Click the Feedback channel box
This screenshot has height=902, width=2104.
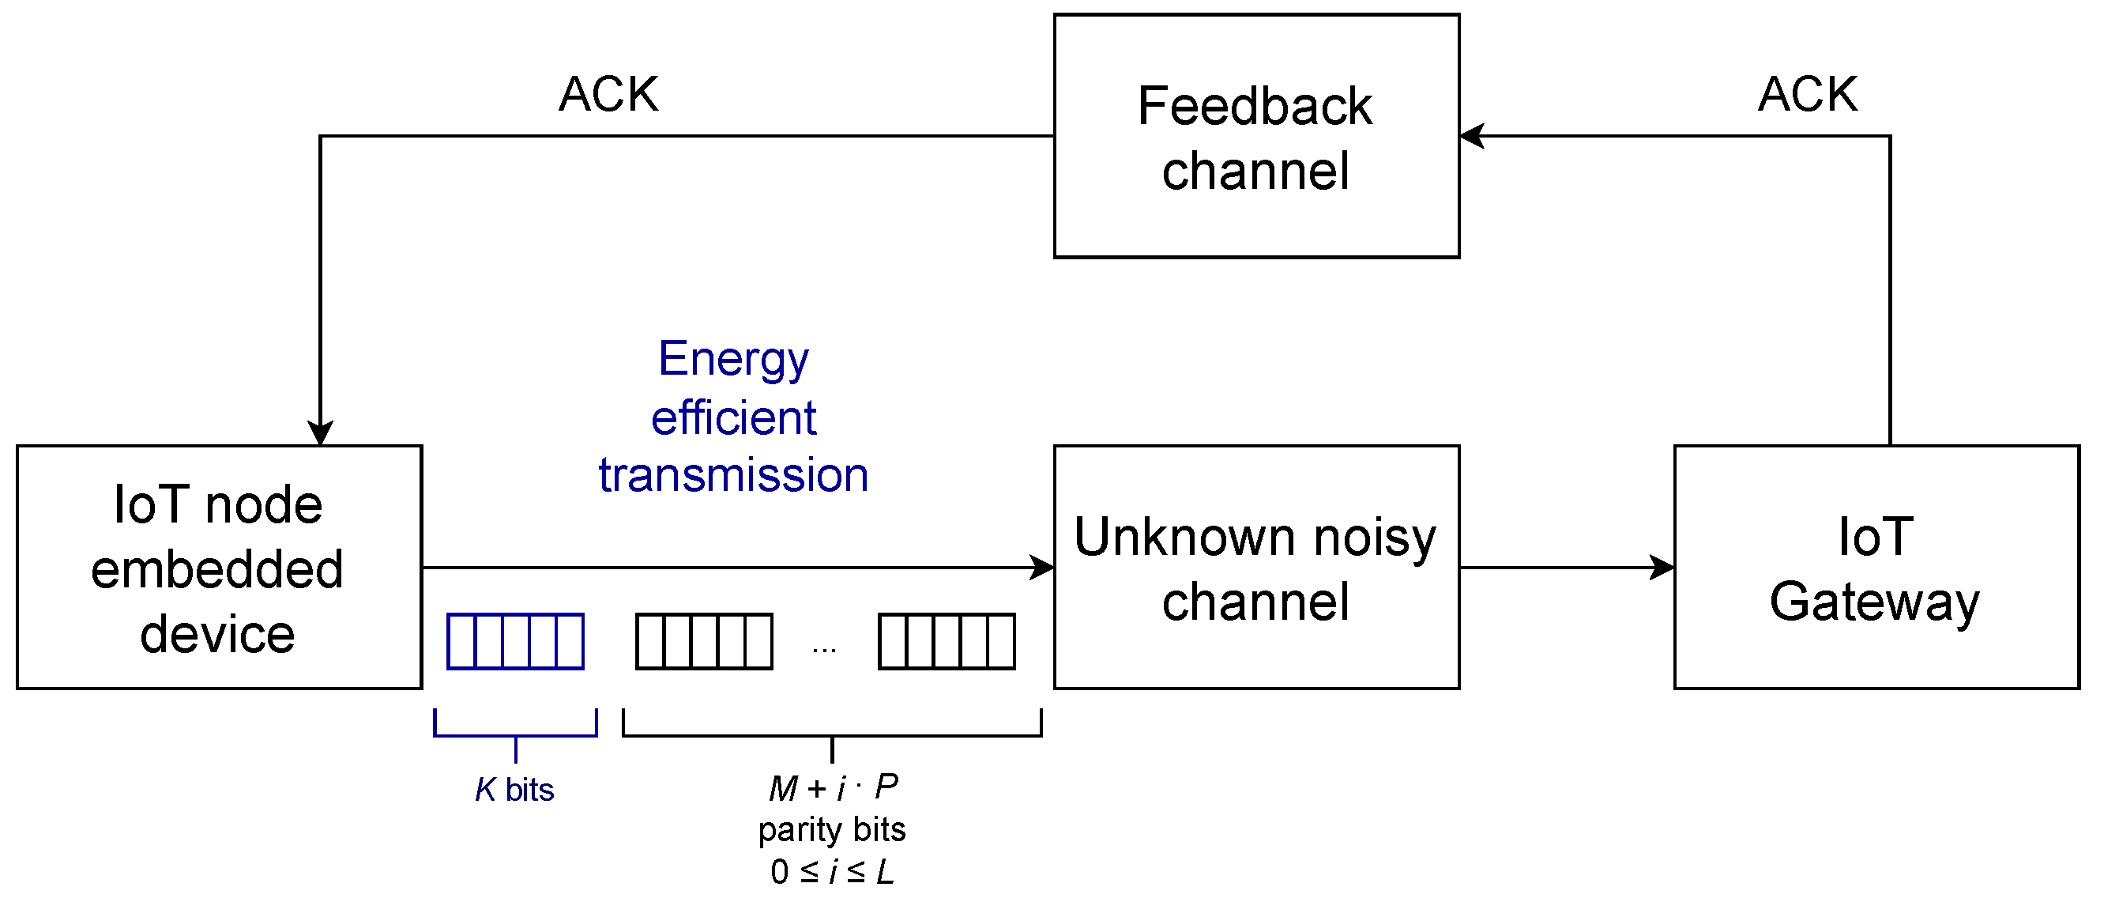[x=1255, y=136]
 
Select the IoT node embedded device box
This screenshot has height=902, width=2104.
[x=219, y=567]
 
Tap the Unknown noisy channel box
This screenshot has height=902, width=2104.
[x=1255, y=567]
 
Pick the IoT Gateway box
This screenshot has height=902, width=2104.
[x=1876, y=567]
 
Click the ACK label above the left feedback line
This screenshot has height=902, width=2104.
[x=608, y=94]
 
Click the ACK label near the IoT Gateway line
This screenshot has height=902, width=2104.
[x=1808, y=94]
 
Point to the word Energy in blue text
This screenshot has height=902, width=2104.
[x=732, y=360]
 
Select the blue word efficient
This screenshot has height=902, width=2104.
[x=732, y=417]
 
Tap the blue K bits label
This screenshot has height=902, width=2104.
[x=514, y=789]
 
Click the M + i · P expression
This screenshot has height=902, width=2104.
[x=832, y=787]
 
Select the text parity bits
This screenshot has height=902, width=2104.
[x=831, y=829]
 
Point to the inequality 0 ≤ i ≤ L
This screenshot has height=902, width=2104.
[x=831, y=871]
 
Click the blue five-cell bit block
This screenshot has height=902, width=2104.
[x=515, y=641]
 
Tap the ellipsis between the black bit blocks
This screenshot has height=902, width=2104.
[x=824, y=651]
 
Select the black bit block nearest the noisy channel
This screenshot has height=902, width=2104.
[x=946, y=641]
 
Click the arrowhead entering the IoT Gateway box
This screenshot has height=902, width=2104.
[x=1663, y=567]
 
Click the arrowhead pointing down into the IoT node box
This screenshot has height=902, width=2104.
[x=320, y=433]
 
